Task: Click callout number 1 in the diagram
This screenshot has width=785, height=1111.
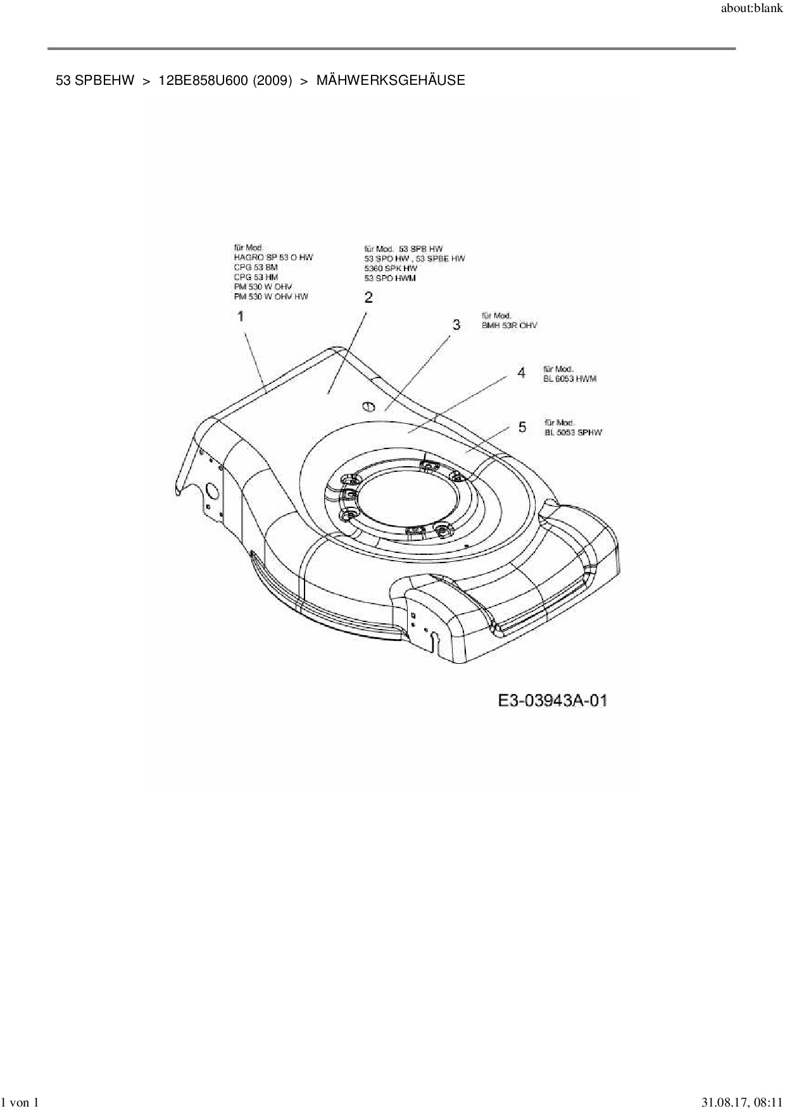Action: tap(241, 316)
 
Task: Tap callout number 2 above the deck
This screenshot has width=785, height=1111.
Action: tap(368, 297)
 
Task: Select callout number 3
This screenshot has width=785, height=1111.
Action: tap(456, 325)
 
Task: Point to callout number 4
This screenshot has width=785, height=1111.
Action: tap(521, 373)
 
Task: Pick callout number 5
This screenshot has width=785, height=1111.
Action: tap(522, 427)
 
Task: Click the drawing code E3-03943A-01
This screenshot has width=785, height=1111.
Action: tap(553, 701)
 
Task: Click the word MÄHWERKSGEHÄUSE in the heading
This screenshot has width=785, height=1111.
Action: tap(391, 80)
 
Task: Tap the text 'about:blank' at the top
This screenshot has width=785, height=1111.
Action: tap(751, 10)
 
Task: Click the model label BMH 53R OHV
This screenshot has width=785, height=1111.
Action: tap(509, 326)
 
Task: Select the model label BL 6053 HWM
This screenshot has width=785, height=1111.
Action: tap(570, 379)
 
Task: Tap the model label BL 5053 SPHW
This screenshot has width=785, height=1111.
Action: tap(574, 433)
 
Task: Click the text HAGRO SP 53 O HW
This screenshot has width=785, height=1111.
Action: tap(273, 258)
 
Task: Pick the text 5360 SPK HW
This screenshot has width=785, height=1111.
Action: tap(391, 269)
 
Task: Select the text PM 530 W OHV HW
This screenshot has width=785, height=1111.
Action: tap(271, 296)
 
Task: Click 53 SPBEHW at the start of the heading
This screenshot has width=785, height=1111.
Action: tap(95, 80)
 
